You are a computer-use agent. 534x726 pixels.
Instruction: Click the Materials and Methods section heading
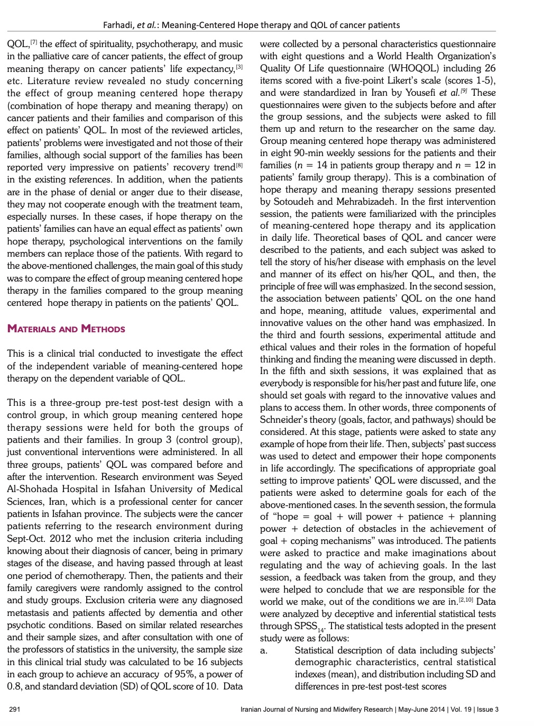(66, 329)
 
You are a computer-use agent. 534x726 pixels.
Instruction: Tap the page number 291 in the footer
(14, 710)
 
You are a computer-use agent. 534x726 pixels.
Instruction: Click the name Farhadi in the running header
(119, 25)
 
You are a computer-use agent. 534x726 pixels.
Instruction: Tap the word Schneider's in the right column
(286, 420)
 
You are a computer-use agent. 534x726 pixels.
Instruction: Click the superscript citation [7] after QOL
(33, 42)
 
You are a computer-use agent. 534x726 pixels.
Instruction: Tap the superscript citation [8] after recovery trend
(239, 165)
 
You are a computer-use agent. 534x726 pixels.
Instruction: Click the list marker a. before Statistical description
(264, 650)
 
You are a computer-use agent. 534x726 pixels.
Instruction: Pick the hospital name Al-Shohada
(33, 489)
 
